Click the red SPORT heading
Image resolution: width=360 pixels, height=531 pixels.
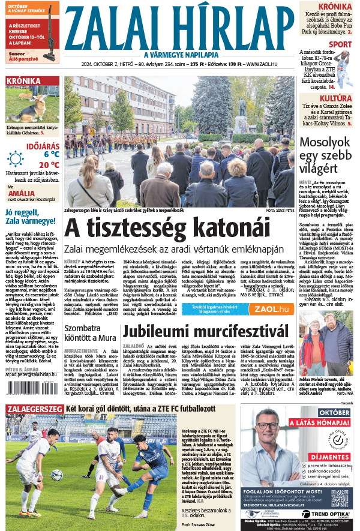[340, 44]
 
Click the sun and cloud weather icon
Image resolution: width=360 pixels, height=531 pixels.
[16, 158]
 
